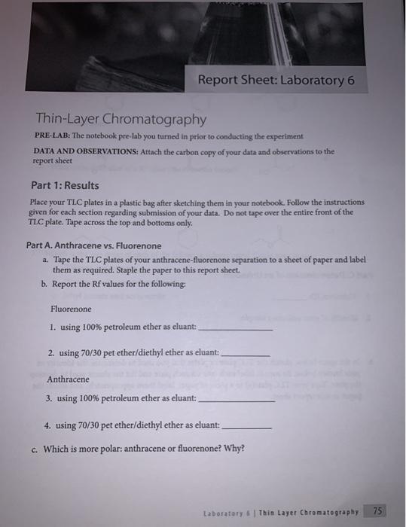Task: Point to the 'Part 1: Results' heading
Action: (65, 185)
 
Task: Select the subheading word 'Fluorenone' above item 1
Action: (71, 309)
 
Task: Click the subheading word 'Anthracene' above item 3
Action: (68, 379)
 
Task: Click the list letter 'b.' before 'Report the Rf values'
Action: (44, 283)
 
